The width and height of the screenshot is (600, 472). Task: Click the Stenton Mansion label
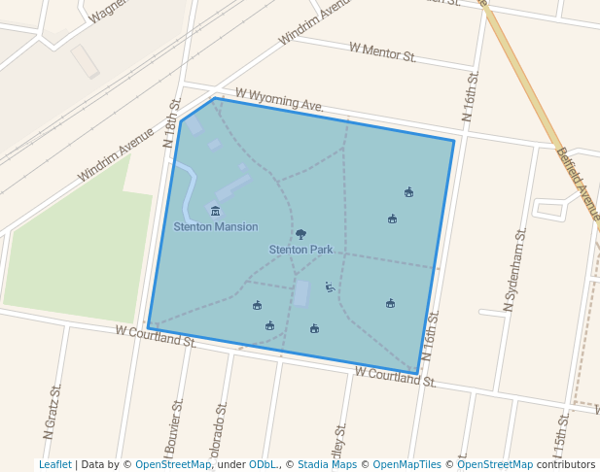coord(216,227)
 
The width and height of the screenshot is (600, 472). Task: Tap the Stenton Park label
coord(300,250)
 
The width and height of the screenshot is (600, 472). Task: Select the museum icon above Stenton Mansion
coord(215,211)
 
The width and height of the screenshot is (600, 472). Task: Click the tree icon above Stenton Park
coord(300,234)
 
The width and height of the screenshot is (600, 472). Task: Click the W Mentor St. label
coord(382,51)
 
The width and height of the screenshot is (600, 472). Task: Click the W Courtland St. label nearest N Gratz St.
coord(156,336)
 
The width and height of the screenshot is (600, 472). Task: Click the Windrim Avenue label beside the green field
coord(116,154)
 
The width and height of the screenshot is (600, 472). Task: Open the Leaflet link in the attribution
coord(54,464)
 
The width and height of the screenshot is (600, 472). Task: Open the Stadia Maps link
coord(327,464)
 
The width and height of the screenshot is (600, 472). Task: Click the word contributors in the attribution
coord(566,464)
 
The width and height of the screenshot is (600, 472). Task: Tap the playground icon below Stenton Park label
coord(330,287)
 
